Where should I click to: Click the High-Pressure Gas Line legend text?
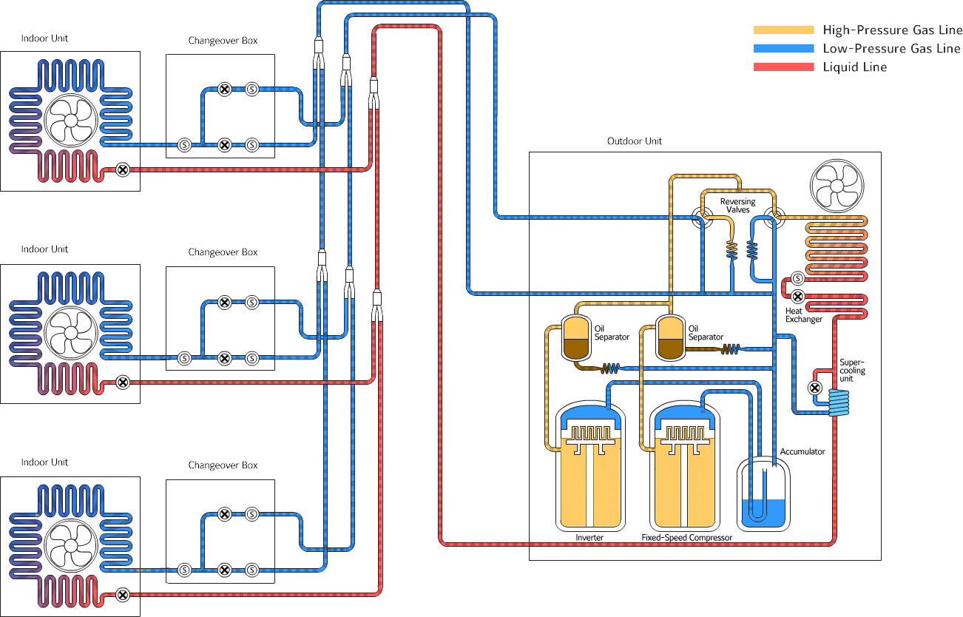tap(892, 30)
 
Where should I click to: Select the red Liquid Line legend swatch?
tap(783, 67)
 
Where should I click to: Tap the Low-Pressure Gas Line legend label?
tap(891, 49)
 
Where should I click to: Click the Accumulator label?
tap(802, 451)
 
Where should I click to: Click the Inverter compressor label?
tap(589, 538)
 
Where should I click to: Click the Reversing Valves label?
tap(737, 206)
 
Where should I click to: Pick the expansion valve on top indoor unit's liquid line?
tap(124, 169)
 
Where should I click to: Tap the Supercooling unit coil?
tap(839, 402)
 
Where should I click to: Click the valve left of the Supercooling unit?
tap(814, 388)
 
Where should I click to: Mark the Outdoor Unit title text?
tap(635, 141)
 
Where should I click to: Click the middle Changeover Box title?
tap(223, 252)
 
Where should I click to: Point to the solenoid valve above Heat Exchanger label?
tap(797, 279)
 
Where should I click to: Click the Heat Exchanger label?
tap(803, 315)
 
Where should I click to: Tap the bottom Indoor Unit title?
tap(44, 462)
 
